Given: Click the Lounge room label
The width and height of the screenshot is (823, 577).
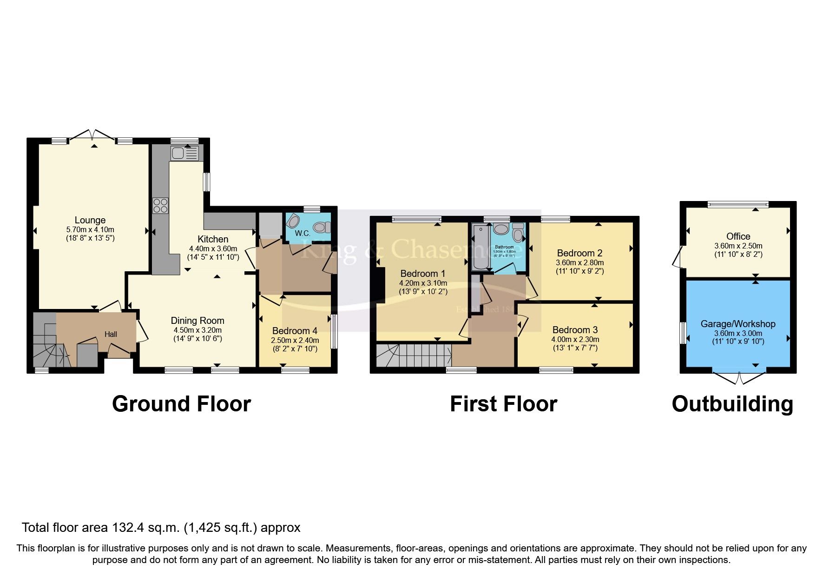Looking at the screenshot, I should [90, 220].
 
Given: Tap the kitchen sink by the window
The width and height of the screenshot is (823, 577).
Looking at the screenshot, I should [184, 153].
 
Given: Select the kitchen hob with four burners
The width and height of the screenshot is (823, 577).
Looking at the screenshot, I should [160, 205].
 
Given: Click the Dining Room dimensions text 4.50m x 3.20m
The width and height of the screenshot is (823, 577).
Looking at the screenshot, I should [198, 330].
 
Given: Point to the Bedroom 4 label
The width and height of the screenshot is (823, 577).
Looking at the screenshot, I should [295, 330].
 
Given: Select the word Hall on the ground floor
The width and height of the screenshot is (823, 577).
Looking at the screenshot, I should [111, 334].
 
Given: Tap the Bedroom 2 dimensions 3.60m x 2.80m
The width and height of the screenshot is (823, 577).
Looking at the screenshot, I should [579, 262].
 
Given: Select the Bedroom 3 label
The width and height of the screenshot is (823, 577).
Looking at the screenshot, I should [575, 330].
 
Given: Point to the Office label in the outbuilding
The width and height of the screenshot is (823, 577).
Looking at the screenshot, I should [738, 236].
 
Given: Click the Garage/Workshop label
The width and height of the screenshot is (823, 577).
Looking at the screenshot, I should [738, 323].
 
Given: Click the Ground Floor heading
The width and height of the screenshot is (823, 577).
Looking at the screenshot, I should [181, 403].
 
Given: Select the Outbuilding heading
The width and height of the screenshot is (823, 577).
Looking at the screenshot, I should [732, 403].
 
